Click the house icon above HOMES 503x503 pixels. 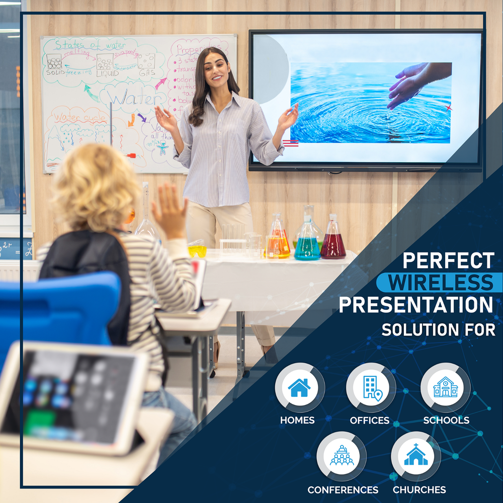(x=299, y=387)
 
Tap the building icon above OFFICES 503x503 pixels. (x=371, y=387)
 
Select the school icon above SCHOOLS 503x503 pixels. (x=445, y=387)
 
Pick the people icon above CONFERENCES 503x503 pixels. (x=342, y=456)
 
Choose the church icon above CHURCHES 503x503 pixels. (x=415, y=456)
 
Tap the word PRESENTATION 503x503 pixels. (x=416, y=305)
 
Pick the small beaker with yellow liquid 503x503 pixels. (x=197, y=250)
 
